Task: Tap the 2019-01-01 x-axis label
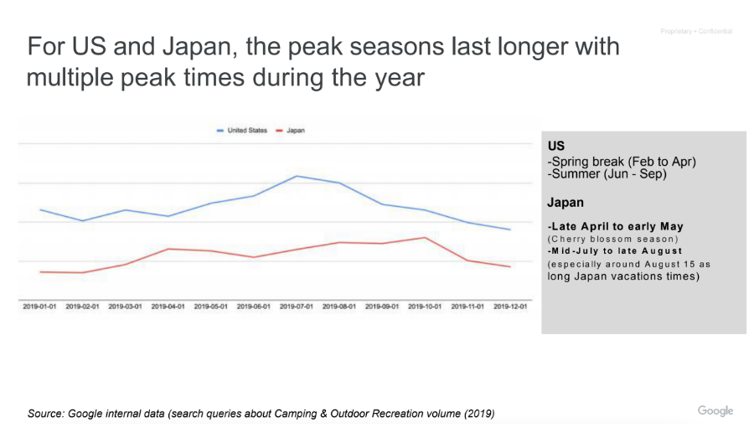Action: coord(39,307)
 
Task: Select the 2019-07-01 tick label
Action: coord(297,307)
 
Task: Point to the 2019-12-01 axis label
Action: coord(510,307)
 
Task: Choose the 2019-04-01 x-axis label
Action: coord(168,307)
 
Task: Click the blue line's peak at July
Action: coord(297,176)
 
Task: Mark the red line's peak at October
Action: coord(426,237)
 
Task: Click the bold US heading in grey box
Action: coord(556,146)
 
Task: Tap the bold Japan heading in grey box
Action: coord(565,203)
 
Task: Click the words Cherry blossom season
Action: coord(612,239)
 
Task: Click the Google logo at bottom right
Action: coord(715,410)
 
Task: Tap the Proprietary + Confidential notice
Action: coord(695,32)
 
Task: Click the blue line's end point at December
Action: coord(510,229)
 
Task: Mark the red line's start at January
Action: coord(40,271)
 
